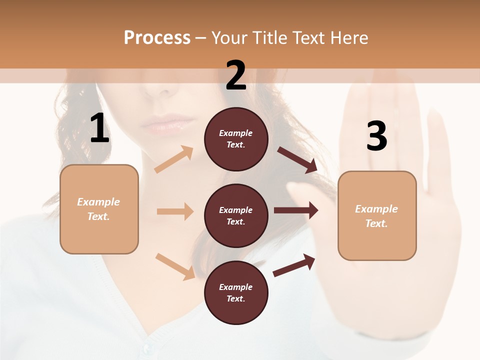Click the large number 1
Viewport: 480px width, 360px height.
[x=100, y=129]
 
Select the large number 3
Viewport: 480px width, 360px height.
[x=376, y=136]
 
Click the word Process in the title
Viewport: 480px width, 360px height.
[x=157, y=37]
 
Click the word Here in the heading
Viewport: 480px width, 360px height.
[x=348, y=37]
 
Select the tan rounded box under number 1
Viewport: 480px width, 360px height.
[x=99, y=209]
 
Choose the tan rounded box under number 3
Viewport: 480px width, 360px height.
[x=377, y=215]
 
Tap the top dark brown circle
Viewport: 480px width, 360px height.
[x=236, y=139]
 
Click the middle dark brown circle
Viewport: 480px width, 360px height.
[x=236, y=215]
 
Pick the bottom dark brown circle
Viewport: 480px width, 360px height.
[x=236, y=292]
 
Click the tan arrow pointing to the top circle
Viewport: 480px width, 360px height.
[x=174, y=159]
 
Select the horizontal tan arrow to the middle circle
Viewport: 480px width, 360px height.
[x=175, y=211]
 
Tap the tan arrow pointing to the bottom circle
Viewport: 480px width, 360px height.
[x=175, y=266]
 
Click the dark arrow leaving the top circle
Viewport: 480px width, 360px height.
[x=297, y=160]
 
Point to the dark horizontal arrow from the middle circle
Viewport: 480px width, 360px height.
[x=296, y=210]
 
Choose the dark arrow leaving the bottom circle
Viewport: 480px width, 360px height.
[x=294, y=265]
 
